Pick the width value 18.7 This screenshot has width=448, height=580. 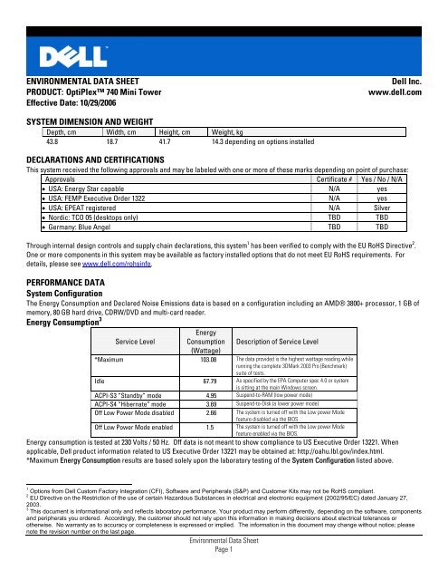92,142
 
